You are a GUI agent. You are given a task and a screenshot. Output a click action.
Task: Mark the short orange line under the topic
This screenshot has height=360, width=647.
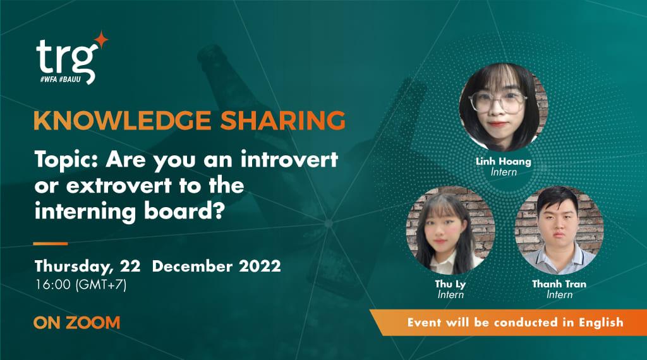(x=51, y=243)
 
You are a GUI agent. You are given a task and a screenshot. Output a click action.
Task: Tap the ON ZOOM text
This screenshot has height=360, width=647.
(x=76, y=323)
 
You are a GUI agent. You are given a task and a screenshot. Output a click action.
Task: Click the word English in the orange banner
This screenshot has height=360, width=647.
(x=598, y=322)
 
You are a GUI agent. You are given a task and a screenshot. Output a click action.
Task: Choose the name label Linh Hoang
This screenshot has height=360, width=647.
(x=504, y=162)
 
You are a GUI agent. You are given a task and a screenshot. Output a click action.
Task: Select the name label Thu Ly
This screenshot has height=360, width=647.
(x=450, y=284)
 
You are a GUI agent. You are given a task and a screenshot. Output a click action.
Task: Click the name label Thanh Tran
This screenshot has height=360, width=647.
(x=559, y=284)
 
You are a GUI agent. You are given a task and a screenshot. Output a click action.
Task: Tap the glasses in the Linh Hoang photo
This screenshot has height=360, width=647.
(x=502, y=100)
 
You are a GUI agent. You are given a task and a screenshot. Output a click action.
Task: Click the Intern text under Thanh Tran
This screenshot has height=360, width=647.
(x=559, y=294)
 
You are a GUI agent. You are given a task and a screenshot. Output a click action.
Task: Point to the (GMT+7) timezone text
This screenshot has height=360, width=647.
(x=100, y=284)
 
